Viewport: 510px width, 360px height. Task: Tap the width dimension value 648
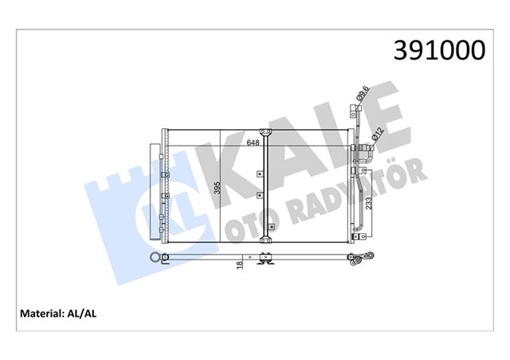coord(253,143)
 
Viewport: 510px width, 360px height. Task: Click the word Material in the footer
coord(38,313)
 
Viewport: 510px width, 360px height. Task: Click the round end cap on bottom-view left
coord(156,256)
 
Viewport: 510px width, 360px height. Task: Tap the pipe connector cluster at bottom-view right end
coord(362,256)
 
